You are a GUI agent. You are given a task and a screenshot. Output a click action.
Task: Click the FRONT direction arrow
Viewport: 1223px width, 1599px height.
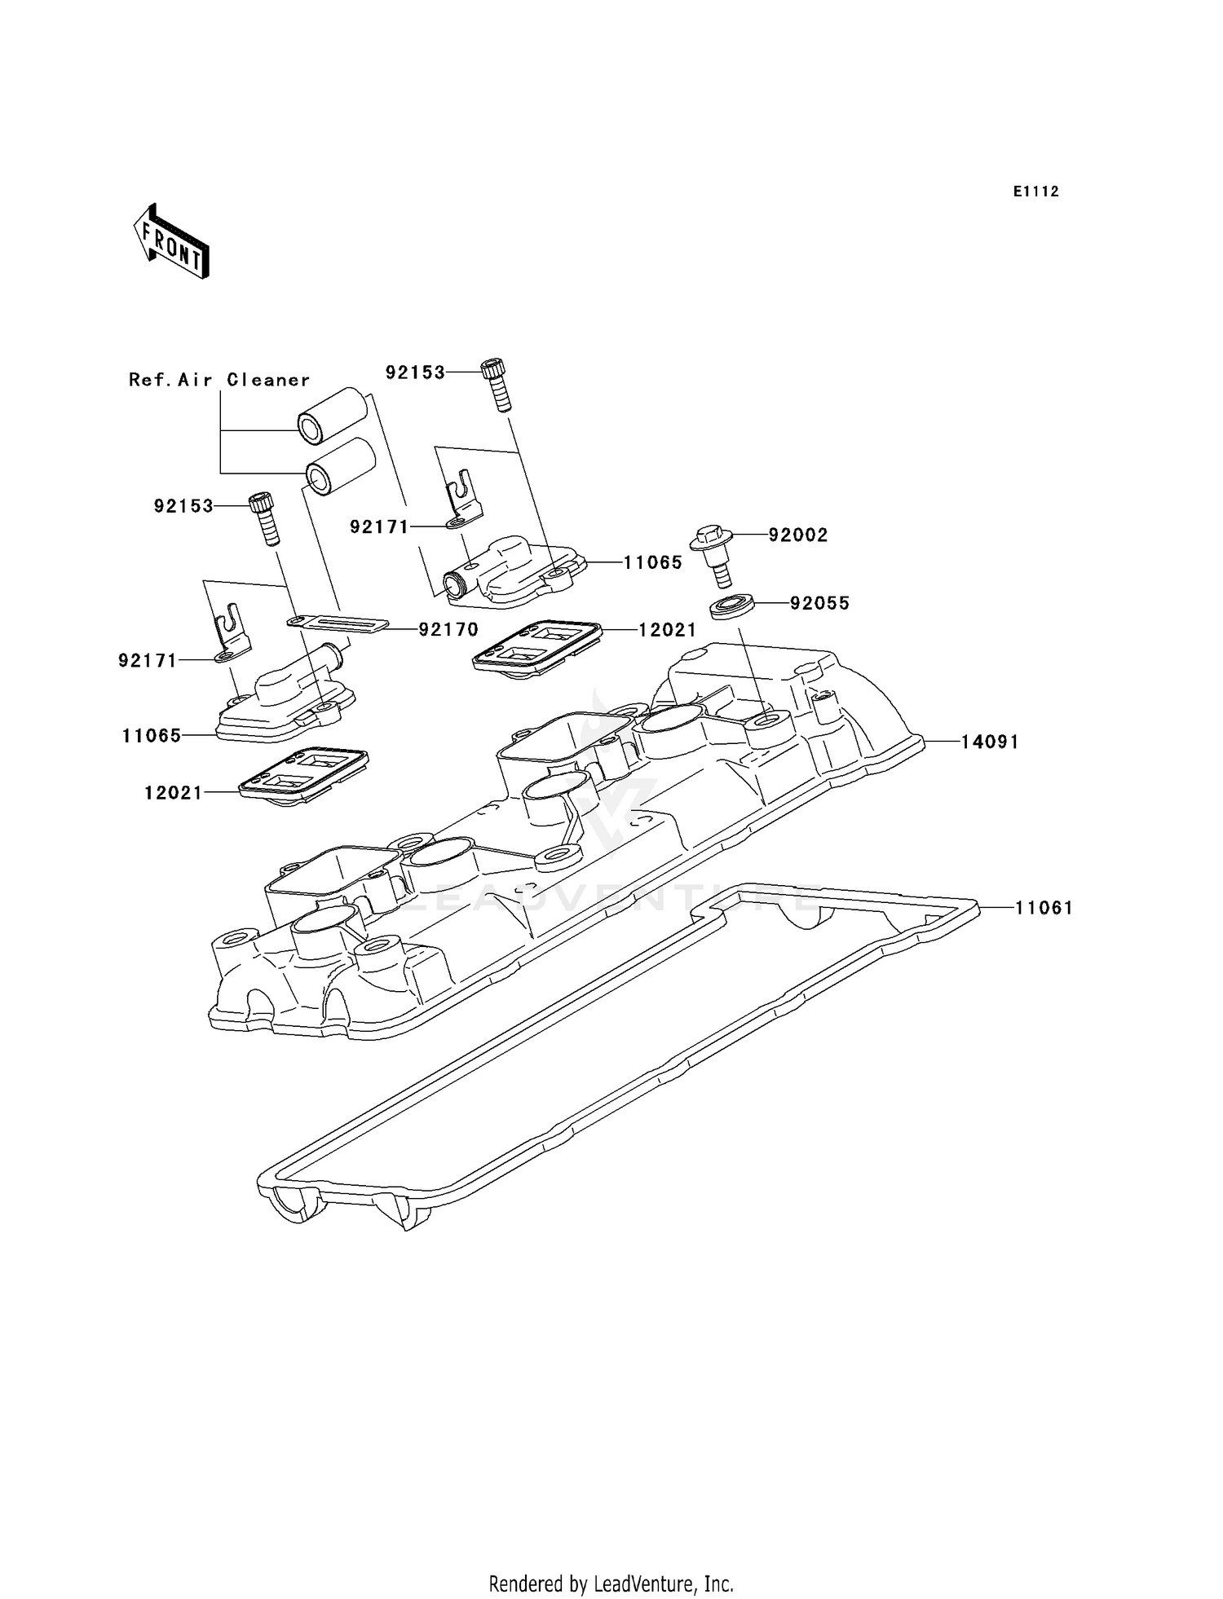coord(171,242)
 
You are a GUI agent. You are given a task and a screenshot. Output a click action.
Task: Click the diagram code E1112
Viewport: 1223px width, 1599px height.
coord(1035,192)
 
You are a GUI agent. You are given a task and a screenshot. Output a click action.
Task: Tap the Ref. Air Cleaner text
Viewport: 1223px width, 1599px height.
coord(219,380)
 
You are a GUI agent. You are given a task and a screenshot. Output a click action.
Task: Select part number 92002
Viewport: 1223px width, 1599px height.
coord(797,535)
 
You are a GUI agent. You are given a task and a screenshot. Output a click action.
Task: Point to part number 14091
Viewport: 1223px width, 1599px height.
coord(989,742)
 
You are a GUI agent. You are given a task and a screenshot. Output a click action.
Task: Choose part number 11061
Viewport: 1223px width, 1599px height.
coord(1043,908)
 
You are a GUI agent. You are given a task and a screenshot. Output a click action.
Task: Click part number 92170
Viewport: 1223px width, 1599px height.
coord(448,629)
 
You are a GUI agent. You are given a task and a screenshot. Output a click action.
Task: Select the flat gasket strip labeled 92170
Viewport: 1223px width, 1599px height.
coord(337,623)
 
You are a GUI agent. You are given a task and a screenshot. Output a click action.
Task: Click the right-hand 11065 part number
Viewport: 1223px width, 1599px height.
coord(652,562)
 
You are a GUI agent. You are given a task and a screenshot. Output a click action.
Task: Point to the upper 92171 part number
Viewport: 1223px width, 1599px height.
coord(379,527)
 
